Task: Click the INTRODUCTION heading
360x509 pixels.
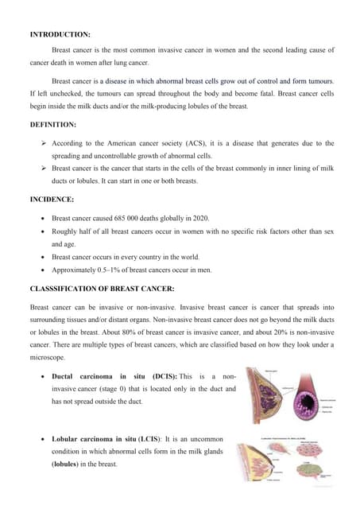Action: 60,35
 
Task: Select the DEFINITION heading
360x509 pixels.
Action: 53,126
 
